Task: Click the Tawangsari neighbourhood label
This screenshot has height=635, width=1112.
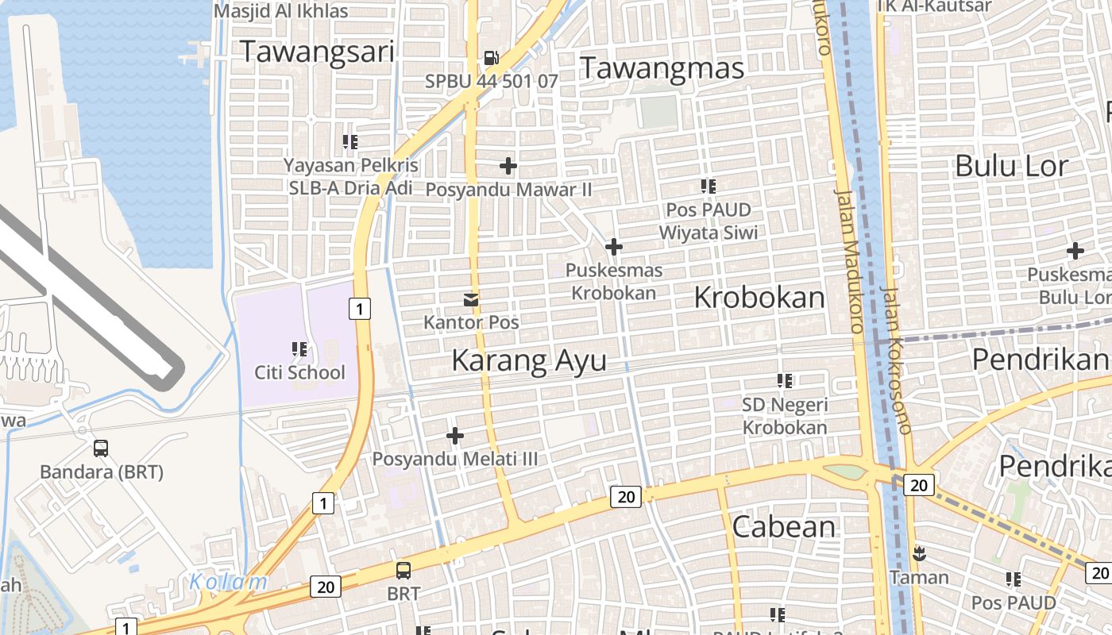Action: tap(317, 52)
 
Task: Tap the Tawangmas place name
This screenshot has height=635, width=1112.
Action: tap(662, 67)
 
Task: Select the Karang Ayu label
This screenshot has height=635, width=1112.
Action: tap(529, 360)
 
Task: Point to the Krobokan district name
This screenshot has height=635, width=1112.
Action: tap(759, 298)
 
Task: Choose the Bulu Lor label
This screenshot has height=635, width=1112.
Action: tap(1011, 166)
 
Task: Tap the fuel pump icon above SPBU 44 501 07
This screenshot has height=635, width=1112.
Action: tap(492, 58)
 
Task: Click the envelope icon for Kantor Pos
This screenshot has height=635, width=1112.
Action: tap(471, 299)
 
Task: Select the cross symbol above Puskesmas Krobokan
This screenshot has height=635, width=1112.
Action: tap(613, 247)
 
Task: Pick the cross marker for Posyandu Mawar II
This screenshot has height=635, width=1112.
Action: tap(508, 166)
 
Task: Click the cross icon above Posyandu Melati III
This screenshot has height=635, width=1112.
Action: tap(455, 436)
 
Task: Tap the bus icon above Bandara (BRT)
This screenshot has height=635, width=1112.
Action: tap(101, 448)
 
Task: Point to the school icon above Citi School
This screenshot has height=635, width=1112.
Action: tap(299, 348)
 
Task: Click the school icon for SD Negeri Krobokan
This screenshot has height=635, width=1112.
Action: tap(785, 381)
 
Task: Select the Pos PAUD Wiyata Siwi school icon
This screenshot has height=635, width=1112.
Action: tap(708, 187)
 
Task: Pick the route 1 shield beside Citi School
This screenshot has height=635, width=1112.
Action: tap(360, 308)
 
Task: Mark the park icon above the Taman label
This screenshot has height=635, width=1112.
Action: tap(919, 553)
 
